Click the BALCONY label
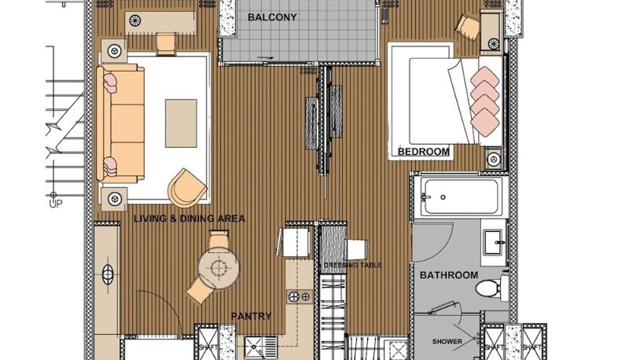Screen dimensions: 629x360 point(272,17)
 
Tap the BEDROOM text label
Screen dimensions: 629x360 point(423,152)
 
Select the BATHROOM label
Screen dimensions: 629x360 point(449,275)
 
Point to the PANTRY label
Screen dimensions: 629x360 point(251,316)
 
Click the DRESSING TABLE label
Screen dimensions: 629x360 point(352,265)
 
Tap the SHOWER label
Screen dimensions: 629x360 point(447,342)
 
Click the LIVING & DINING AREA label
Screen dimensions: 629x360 point(189,219)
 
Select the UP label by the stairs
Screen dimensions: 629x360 point(56,204)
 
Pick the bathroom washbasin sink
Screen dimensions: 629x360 point(494,242)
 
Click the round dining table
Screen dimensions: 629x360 point(219,268)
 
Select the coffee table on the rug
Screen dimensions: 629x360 point(181,123)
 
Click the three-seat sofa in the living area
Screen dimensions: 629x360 point(120,123)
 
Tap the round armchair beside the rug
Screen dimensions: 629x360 point(187,188)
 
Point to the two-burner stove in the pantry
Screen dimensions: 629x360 point(300,296)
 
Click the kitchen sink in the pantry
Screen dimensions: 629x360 point(260,348)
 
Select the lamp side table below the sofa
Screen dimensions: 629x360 point(114,198)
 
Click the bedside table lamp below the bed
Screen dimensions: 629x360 point(494,159)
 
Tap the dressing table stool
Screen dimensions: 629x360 point(357,249)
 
